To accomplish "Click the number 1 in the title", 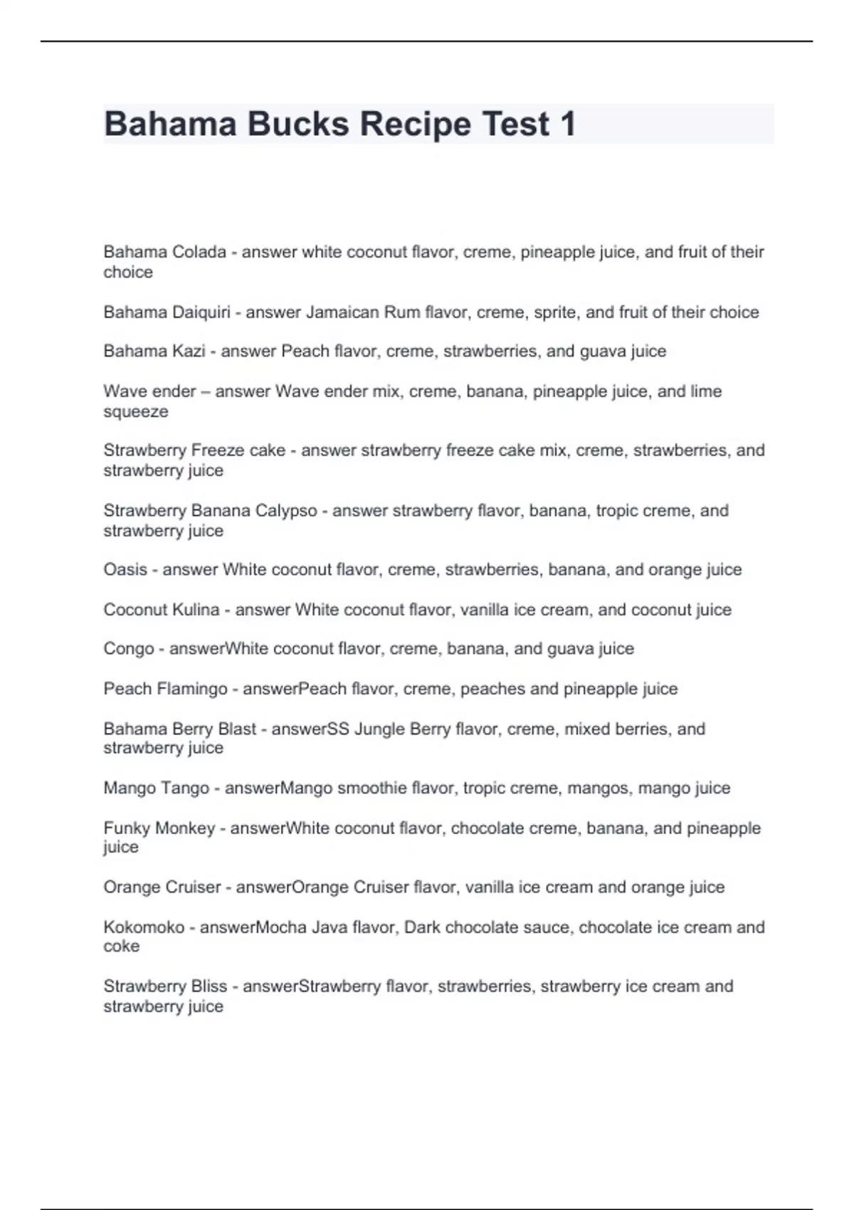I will (x=567, y=125).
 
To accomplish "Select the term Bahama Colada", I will (x=164, y=252).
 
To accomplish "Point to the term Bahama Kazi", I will (x=154, y=352).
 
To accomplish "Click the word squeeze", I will (x=136, y=412).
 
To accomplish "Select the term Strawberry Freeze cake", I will (x=194, y=451).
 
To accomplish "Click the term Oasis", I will (x=125, y=570).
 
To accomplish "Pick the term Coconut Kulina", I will (x=162, y=610).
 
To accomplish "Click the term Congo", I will (x=129, y=649).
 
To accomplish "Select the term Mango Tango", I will (x=157, y=789).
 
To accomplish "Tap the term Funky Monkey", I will (x=159, y=828).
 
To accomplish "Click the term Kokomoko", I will (x=144, y=927).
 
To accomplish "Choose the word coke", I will (x=122, y=947).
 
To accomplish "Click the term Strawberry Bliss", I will (x=165, y=987).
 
